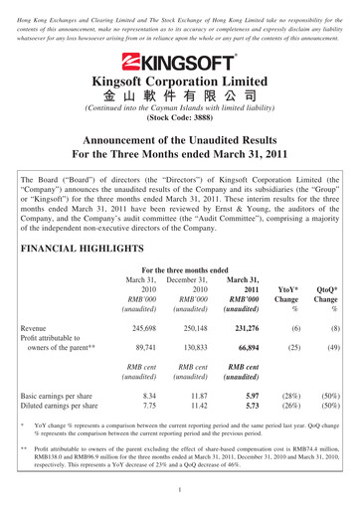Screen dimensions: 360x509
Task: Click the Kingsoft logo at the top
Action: [179, 60]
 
